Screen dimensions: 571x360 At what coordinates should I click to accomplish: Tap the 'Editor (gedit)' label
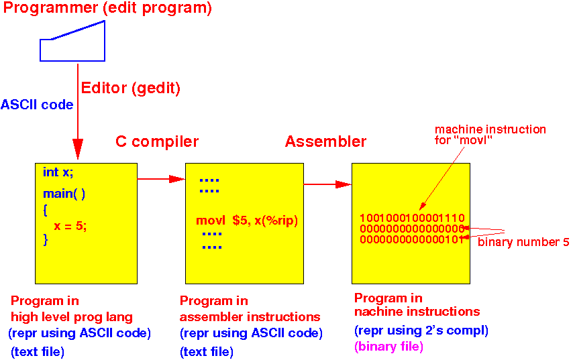pyautogui.click(x=130, y=88)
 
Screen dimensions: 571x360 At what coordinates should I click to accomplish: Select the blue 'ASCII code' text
pyautogui.click(x=37, y=105)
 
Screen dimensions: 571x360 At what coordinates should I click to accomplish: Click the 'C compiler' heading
pyautogui.click(x=157, y=141)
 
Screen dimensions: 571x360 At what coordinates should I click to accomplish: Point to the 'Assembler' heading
pyautogui.click(x=325, y=141)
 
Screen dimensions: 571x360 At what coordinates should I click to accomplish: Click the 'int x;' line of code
pyautogui.click(x=58, y=172)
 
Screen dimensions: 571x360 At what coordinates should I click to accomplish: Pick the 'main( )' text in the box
pyautogui.click(x=64, y=194)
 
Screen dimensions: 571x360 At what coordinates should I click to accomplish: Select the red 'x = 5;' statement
pyautogui.click(x=70, y=226)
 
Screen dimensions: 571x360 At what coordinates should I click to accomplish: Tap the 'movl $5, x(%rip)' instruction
pyautogui.click(x=247, y=221)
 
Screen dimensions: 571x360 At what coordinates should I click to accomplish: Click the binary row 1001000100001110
pyautogui.click(x=412, y=218)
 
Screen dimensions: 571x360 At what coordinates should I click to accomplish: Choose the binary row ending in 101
pyautogui.click(x=412, y=239)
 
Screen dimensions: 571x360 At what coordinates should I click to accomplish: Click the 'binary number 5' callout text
pyautogui.click(x=523, y=242)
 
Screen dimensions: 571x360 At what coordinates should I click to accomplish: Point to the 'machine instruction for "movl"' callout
pyautogui.click(x=490, y=135)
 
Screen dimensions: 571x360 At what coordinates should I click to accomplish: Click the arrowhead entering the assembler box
pyautogui.click(x=177, y=179)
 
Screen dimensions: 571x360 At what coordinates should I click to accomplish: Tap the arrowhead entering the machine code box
pyautogui.click(x=344, y=184)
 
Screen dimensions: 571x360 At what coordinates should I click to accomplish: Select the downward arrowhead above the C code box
pyautogui.click(x=78, y=149)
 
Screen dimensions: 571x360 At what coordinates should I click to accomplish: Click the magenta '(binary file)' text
pyautogui.click(x=388, y=347)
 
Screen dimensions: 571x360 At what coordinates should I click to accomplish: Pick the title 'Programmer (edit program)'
pyautogui.click(x=107, y=8)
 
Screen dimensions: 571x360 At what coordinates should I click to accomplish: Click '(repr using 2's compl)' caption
pyautogui.click(x=421, y=331)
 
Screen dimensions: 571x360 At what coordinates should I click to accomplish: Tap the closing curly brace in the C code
pyautogui.click(x=45, y=240)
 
